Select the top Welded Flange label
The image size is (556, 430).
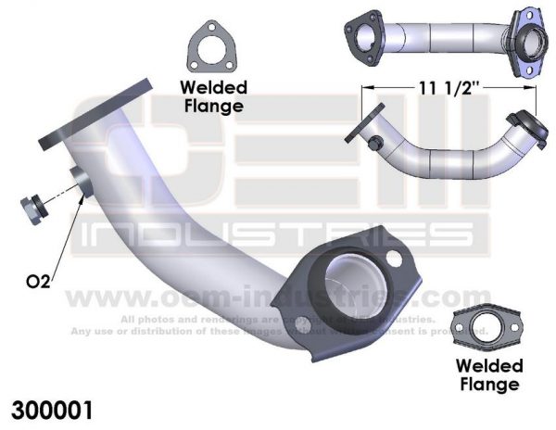coord(213,95)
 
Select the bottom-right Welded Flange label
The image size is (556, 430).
coord(489,373)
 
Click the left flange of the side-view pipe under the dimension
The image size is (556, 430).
coord(363,126)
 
